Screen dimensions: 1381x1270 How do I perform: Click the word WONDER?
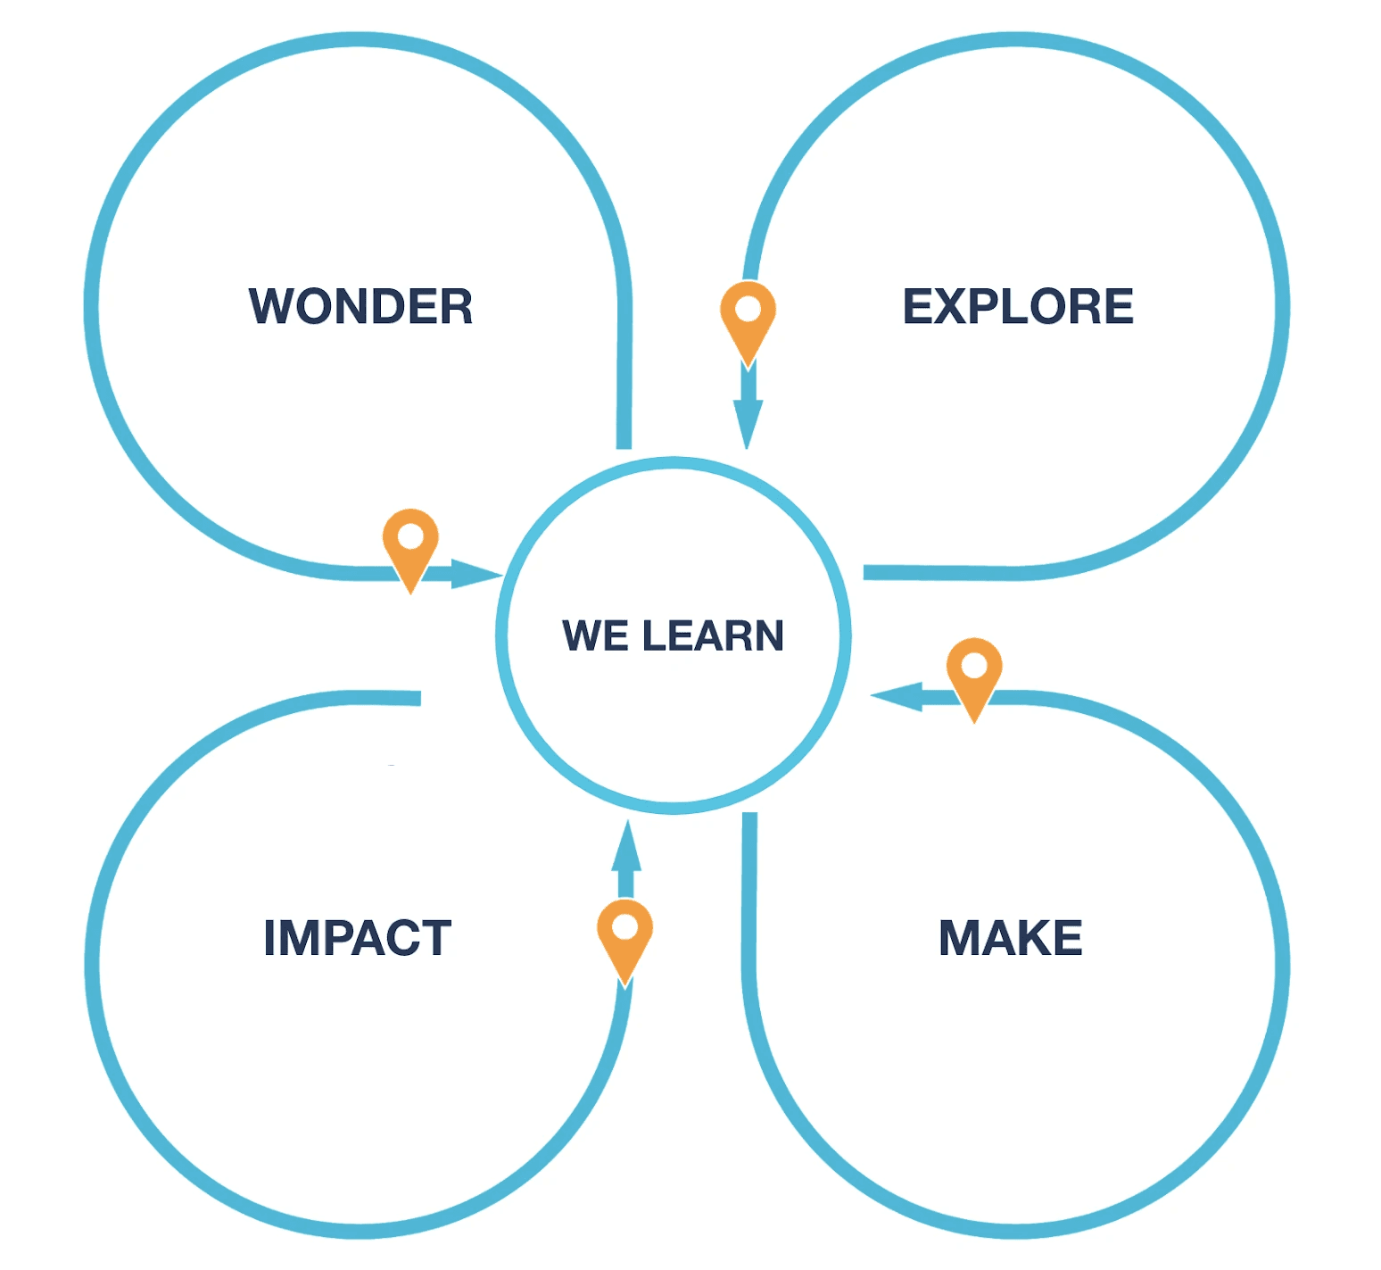(360, 306)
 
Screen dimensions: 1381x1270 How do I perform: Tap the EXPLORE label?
(1018, 306)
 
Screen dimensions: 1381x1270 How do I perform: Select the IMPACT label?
(358, 938)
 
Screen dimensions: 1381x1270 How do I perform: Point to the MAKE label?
(1011, 938)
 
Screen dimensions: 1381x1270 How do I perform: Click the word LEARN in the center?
(713, 635)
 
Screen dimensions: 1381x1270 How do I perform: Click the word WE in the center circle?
(595, 635)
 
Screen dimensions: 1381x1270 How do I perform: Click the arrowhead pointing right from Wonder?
(477, 574)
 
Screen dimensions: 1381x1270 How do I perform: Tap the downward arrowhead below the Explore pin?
(748, 425)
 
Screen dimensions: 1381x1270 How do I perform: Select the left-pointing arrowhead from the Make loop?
(896, 697)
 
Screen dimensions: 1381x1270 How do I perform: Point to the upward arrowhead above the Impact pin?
(626, 844)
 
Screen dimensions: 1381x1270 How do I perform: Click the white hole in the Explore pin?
(748, 309)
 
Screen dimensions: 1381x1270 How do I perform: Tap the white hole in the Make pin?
(974, 665)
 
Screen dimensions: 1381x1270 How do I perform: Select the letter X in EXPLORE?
(955, 306)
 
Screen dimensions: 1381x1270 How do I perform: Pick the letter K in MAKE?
(1033, 938)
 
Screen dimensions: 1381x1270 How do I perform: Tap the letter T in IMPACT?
(434, 938)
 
